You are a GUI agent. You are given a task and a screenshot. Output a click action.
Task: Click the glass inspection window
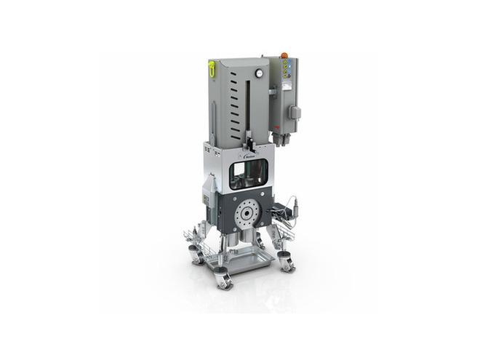tap(248, 175)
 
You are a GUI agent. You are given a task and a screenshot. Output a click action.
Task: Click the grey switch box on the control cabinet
tap(295, 113)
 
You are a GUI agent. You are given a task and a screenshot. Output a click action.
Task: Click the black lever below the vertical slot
tap(249, 140)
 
